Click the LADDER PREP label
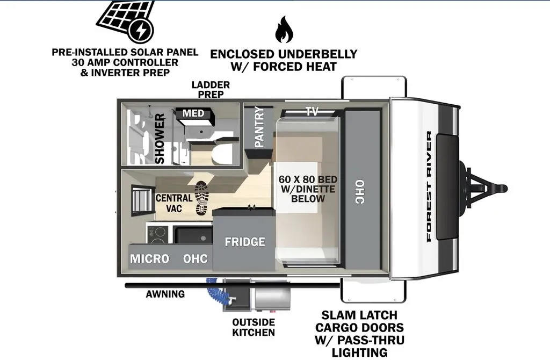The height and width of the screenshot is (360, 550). [x=211, y=90]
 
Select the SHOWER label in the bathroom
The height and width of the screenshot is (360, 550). [x=160, y=139]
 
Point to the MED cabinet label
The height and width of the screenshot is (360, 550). [x=193, y=113]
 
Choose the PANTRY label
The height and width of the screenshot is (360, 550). [x=259, y=127]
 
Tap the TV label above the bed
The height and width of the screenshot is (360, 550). [x=312, y=112]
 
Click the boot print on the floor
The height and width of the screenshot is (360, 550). [x=202, y=198]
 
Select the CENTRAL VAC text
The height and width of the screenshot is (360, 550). [x=174, y=203]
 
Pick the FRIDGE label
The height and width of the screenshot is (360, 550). [x=245, y=242]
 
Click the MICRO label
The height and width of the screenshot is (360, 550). [x=150, y=258]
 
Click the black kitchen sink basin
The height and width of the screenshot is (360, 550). [x=193, y=235]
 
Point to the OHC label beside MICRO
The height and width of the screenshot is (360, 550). [x=196, y=258]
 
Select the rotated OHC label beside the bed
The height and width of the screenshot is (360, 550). [x=359, y=192]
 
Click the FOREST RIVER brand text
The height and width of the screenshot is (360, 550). [x=429, y=186]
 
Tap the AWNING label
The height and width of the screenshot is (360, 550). [x=165, y=294]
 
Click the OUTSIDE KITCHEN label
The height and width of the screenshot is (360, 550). [x=254, y=327]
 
